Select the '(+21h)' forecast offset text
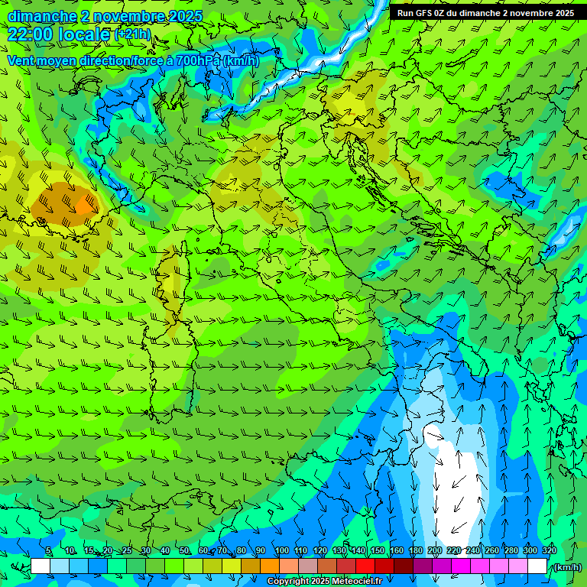[131, 34]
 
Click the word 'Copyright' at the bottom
[288, 582]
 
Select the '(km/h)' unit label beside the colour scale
[566, 567]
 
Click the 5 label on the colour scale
[49, 550]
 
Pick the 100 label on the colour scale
[281, 550]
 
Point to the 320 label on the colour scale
[549, 550]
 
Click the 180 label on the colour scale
[415, 550]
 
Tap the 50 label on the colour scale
[183, 550]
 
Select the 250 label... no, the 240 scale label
[472, 550]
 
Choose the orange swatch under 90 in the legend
[270, 566]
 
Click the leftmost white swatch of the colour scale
[41, 566]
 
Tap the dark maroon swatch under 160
[404, 566]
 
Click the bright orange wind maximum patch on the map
[84, 205]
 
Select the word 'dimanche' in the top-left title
[40, 16]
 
